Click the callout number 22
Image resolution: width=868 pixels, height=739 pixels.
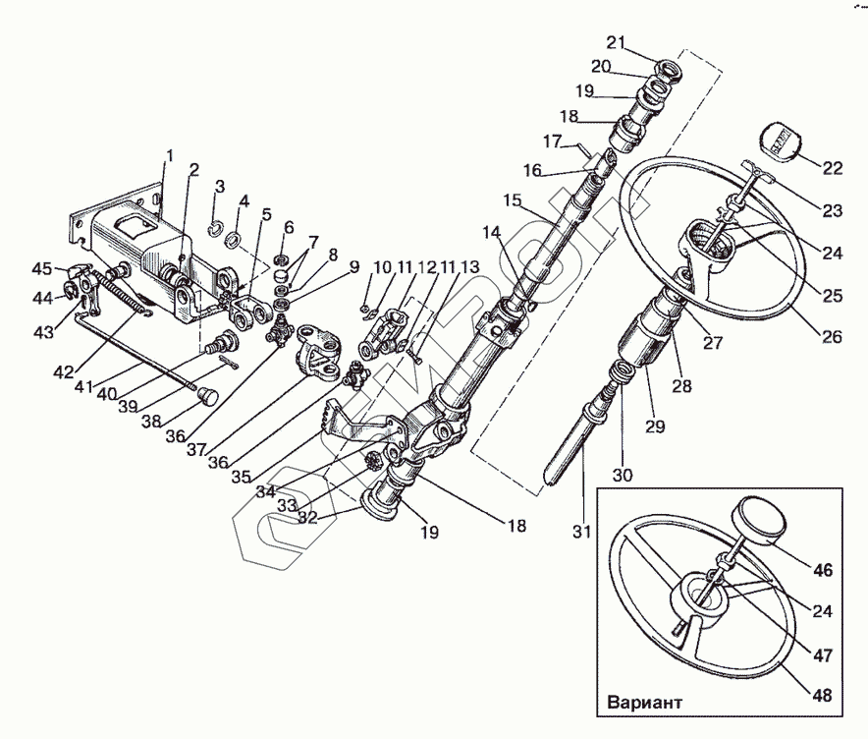pyautogui.click(x=833, y=168)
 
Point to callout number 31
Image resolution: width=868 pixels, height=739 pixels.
pyautogui.click(x=581, y=534)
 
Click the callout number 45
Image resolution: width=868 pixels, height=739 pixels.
pyautogui.click(x=41, y=269)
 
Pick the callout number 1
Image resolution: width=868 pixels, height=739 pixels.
pyautogui.click(x=169, y=155)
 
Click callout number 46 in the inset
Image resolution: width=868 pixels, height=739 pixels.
pyautogui.click(x=822, y=568)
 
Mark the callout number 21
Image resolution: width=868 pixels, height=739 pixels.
pyautogui.click(x=615, y=42)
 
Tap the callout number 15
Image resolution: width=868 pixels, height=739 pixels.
pyautogui.click(x=512, y=199)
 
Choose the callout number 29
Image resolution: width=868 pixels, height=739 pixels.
pyautogui.click(x=655, y=426)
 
